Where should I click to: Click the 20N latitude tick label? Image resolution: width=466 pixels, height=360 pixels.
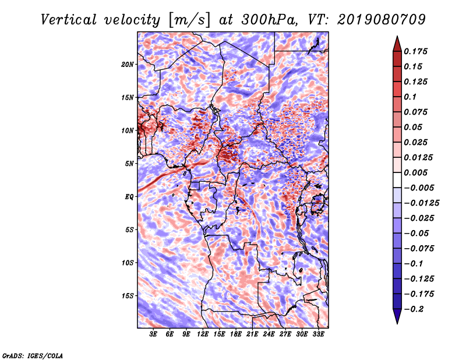128,64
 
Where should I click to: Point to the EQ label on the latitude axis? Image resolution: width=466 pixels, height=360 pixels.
129,197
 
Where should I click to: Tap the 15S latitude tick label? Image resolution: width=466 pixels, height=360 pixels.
128,296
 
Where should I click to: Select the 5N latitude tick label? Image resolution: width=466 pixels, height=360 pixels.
129,164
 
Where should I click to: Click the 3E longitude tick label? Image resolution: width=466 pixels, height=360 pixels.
154,335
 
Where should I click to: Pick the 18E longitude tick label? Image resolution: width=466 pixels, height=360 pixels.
236,335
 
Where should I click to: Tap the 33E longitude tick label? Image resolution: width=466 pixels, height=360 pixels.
318,335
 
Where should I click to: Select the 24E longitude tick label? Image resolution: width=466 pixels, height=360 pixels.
269,335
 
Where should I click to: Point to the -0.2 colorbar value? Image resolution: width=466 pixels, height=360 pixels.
416,309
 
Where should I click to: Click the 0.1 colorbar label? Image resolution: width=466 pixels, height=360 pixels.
412,97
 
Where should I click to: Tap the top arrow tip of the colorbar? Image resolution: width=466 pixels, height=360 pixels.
396,37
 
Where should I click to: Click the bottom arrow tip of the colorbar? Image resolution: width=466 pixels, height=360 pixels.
396,323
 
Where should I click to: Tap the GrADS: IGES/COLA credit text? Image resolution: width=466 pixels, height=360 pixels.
32,355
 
